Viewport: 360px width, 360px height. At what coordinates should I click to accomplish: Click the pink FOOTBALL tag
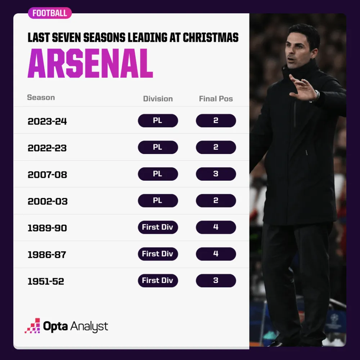50,13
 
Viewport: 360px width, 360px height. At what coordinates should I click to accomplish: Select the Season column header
41,98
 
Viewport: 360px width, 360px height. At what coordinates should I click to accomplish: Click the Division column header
158,99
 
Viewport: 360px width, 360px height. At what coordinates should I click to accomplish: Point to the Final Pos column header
216,99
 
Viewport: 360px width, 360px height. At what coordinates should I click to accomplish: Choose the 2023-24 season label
47,121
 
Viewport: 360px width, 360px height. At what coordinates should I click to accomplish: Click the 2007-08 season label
47,175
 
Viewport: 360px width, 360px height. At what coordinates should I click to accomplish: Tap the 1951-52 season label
46,281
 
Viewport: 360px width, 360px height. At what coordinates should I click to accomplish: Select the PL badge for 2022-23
158,147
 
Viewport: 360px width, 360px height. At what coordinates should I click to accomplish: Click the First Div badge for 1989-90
158,227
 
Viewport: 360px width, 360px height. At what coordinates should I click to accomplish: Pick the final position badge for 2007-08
216,174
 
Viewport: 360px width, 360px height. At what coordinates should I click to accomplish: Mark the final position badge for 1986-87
216,254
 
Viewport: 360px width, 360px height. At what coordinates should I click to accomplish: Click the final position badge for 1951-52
216,280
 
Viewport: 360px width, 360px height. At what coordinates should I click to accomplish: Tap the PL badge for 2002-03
158,201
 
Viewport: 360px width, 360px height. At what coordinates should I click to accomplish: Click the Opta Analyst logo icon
32,326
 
